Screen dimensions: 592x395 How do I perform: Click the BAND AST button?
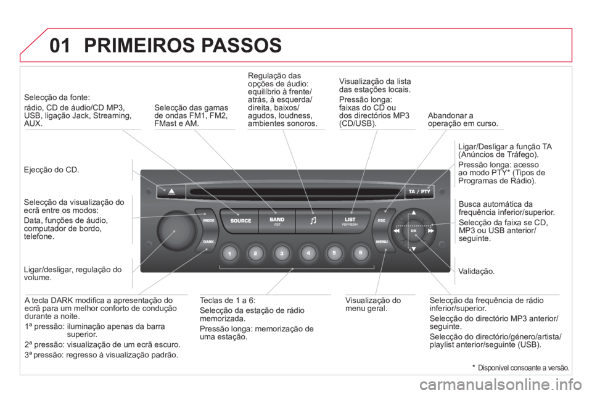(x=277, y=221)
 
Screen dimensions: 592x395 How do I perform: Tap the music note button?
(x=314, y=221)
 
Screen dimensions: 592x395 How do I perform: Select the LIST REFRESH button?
(x=350, y=221)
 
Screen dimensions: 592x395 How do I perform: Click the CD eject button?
(x=171, y=191)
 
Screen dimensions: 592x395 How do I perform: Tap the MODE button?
(x=207, y=220)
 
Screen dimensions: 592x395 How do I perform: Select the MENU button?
(x=383, y=241)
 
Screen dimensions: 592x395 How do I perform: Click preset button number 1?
(x=229, y=253)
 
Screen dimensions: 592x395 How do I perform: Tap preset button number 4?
(x=308, y=253)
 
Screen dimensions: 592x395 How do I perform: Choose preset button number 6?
(x=361, y=253)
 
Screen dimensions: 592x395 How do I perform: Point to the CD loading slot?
(x=295, y=192)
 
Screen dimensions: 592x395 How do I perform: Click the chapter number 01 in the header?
(x=60, y=45)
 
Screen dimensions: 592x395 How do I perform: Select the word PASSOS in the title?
(x=241, y=45)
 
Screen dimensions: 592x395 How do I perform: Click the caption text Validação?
(x=476, y=272)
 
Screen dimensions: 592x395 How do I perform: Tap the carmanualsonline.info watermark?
(x=500, y=385)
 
